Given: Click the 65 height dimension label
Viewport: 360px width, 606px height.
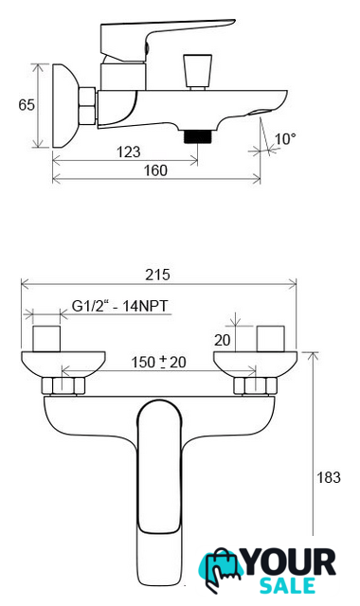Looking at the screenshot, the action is pos(27,105).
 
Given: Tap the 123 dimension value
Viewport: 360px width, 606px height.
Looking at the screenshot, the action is pos(129,151).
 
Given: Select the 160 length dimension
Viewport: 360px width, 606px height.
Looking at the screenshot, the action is pos(155,170).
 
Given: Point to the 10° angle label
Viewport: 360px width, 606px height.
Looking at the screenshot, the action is pos(285,139).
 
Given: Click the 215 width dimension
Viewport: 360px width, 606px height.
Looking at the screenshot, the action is pos(157,275).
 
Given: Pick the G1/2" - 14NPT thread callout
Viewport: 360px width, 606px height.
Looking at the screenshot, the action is pos(120,306).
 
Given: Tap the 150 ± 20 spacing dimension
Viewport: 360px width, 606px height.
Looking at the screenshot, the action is pos(158,362).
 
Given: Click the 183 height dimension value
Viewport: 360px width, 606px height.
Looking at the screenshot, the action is pos(329,477).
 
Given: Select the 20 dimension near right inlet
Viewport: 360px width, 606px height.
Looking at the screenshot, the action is pos(222,340).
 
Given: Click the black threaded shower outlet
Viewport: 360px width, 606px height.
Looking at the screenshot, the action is pos(198,136).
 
